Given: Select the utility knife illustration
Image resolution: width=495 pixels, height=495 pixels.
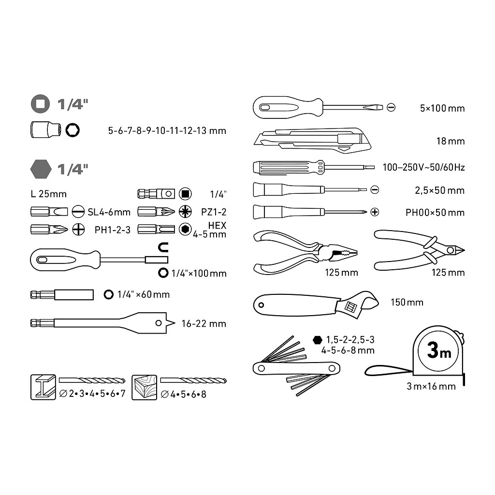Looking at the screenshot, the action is pyautogui.click(x=312, y=140).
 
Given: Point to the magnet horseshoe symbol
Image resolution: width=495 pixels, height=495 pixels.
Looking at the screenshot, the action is pyautogui.click(x=163, y=247).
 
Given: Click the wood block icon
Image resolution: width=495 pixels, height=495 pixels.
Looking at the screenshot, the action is pyautogui.click(x=144, y=387).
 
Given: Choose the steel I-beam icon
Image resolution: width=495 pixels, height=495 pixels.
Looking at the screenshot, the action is pyautogui.click(x=43, y=387).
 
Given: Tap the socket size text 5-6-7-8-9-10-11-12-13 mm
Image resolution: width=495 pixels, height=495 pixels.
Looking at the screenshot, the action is pyautogui.click(x=167, y=131).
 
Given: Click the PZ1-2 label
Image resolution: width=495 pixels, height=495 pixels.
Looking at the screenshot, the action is pyautogui.click(x=214, y=212).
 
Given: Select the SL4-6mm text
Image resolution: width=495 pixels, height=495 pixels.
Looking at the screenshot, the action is pyautogui.click(x=109, y=212).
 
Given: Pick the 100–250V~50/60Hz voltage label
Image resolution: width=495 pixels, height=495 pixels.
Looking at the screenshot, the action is pyautogui.click(x=423, y=167).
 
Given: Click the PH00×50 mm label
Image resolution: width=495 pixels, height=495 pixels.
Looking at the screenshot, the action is pyautogui.click(x=435, y=213).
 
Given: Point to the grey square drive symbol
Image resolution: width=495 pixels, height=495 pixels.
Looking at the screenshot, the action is pyautogui.click(x=41, y=104).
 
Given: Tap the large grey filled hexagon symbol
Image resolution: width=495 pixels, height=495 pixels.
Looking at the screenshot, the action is pyautogui.click(x=41, y=169).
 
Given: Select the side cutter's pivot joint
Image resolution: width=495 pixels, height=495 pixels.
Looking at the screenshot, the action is pyautogui.click(x=450, y=250).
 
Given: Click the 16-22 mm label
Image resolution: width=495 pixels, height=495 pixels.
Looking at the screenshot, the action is pyautogui.click(x=204, y=323).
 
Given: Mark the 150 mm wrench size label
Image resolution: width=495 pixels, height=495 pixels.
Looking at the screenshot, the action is pyautogui.click(x=407, y=302).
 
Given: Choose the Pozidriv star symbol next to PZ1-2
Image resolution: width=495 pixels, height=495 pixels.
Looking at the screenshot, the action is pyautogui.click(x=185, y=212).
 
